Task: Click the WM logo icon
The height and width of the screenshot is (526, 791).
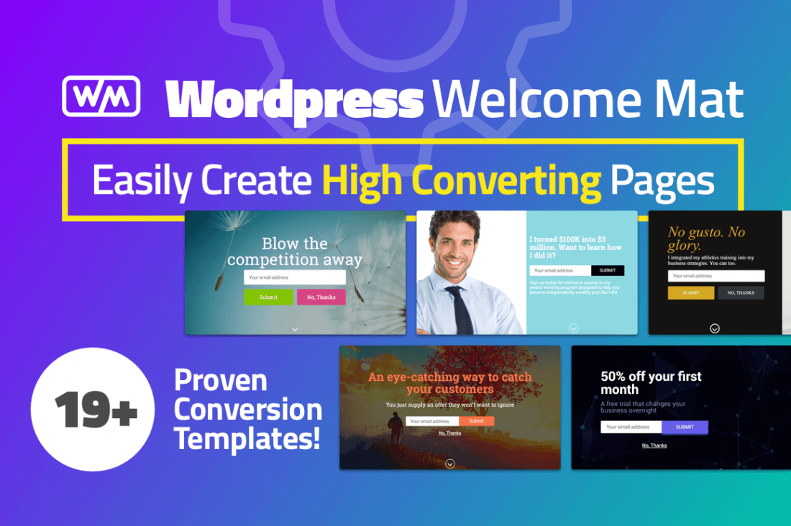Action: click(x=101, y=96)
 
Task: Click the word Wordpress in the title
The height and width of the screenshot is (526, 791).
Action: click(x=295, y=98)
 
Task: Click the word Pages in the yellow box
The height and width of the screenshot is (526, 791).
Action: click(x=662, y=181)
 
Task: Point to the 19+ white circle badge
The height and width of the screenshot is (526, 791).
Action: click(x=93, y=409)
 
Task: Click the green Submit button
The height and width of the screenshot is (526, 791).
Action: click(x=268, y=297)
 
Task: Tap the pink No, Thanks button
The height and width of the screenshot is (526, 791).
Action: click(x=321, y=297)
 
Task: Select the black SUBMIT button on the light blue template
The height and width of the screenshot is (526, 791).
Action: click(x=608, y=270)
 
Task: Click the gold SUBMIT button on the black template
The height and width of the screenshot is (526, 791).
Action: click(x=690, y=293)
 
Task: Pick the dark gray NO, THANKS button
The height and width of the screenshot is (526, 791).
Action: click(x=741, y=293)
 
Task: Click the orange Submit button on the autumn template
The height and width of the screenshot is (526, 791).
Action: click(x=476, y=421)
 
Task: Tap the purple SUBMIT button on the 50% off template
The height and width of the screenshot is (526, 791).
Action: click(x=685, y=427)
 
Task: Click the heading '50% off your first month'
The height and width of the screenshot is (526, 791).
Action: click(x=651, y=383)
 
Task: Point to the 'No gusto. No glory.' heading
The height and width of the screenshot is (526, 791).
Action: click(x=706, y=239)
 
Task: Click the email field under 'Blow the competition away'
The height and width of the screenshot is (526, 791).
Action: click(x=295, y=277)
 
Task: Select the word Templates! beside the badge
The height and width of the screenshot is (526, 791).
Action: click(x=247, y=438)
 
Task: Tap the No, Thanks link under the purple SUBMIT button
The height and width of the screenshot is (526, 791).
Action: click(x=654, y=446)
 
